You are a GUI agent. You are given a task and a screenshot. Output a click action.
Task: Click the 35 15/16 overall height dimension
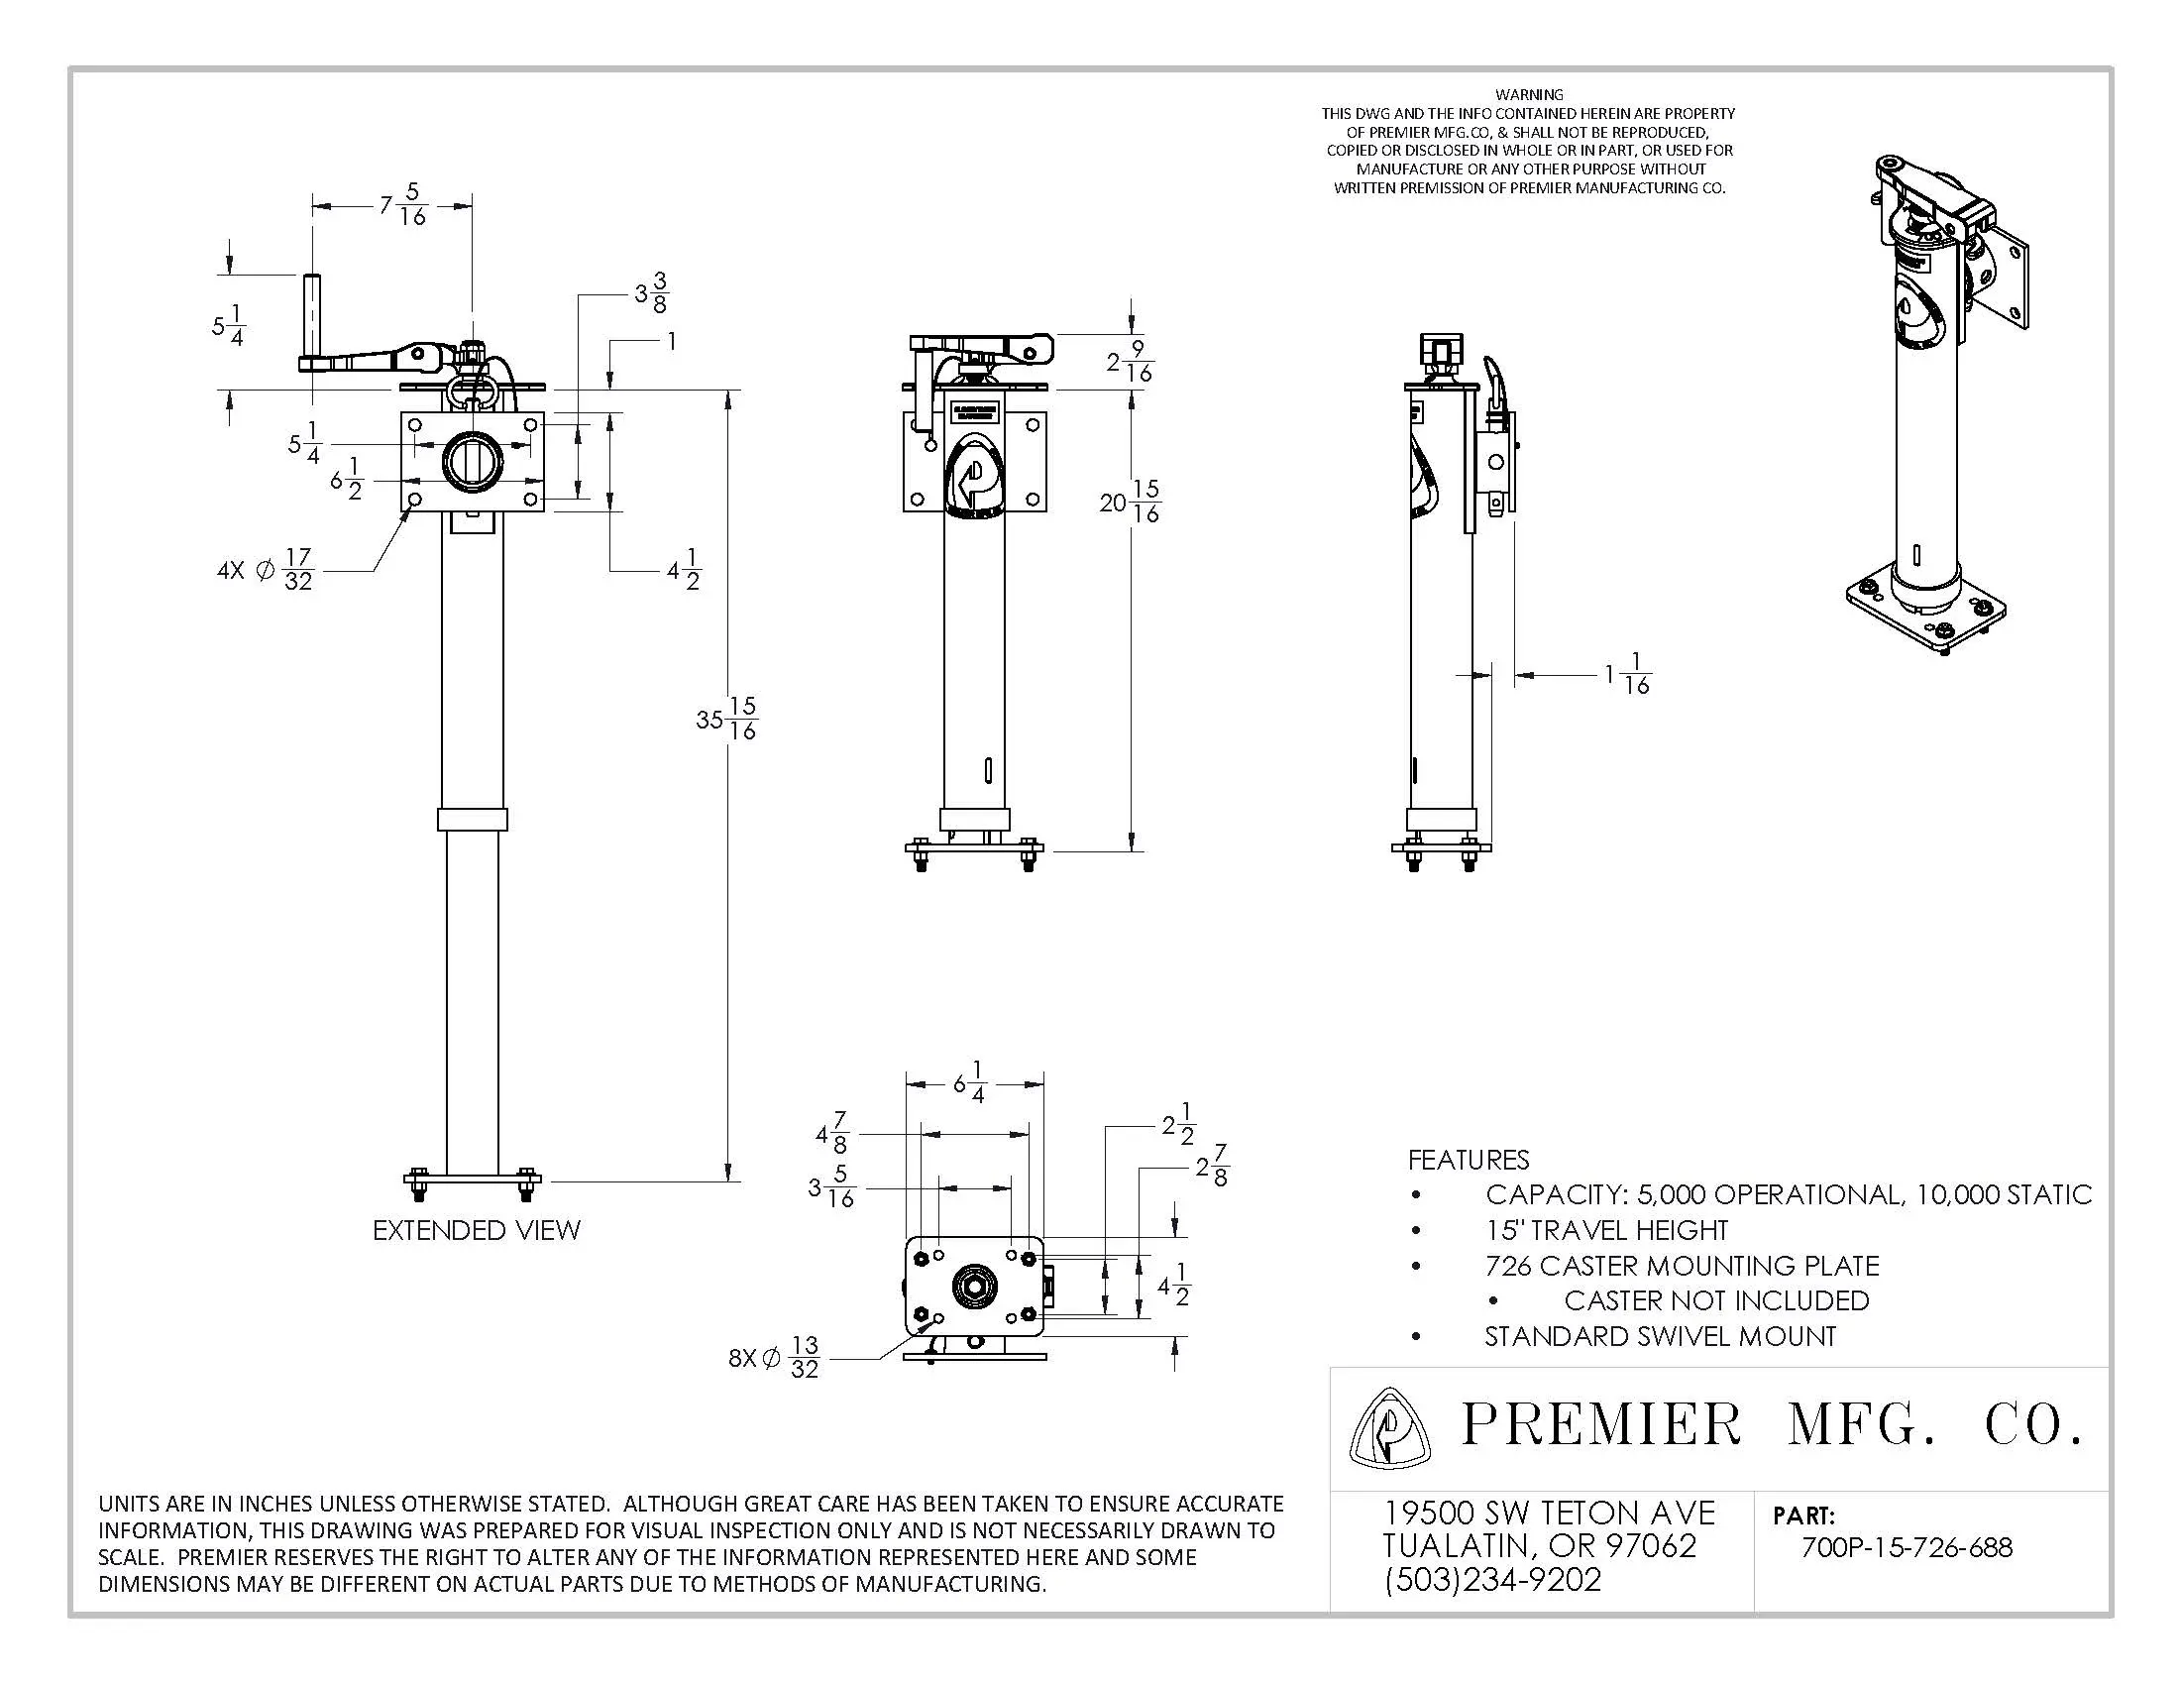point(726,719)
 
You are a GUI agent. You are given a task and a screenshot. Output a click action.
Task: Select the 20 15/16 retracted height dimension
point(1131,503)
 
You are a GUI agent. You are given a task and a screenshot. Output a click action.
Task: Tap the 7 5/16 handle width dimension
point(403,204)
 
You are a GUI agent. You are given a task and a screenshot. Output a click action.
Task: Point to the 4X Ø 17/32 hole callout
point(267,570)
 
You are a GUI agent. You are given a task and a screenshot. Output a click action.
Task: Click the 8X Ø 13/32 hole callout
point(776,1358)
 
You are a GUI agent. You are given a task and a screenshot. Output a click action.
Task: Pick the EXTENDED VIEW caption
point(476,1230)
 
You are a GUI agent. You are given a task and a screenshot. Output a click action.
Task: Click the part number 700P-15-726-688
point(1907,1547)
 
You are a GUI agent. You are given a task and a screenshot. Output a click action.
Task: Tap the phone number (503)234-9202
point(1493,1579)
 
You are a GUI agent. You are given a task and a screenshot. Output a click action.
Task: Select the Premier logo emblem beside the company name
point(1388,1427)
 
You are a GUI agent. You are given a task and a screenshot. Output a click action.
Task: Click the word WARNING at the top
point(1529,95)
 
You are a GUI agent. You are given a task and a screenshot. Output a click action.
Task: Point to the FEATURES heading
point(1469,1160)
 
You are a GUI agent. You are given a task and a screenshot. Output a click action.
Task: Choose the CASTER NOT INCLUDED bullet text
point(1716,1300)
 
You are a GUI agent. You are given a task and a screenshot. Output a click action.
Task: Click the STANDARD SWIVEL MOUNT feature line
point(1660,1337)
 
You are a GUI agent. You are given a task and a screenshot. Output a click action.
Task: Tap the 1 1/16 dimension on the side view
point(1628,674)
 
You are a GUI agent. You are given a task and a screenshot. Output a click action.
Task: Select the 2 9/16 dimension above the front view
point(1130,362)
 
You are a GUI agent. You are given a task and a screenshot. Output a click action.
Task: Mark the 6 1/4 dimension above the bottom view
point(970,1083)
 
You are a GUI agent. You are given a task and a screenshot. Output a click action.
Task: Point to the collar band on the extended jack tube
point(472,819)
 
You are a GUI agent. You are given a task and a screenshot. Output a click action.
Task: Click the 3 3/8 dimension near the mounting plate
point(652,293)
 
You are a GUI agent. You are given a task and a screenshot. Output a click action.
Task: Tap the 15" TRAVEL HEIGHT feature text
point(1606,1230)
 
